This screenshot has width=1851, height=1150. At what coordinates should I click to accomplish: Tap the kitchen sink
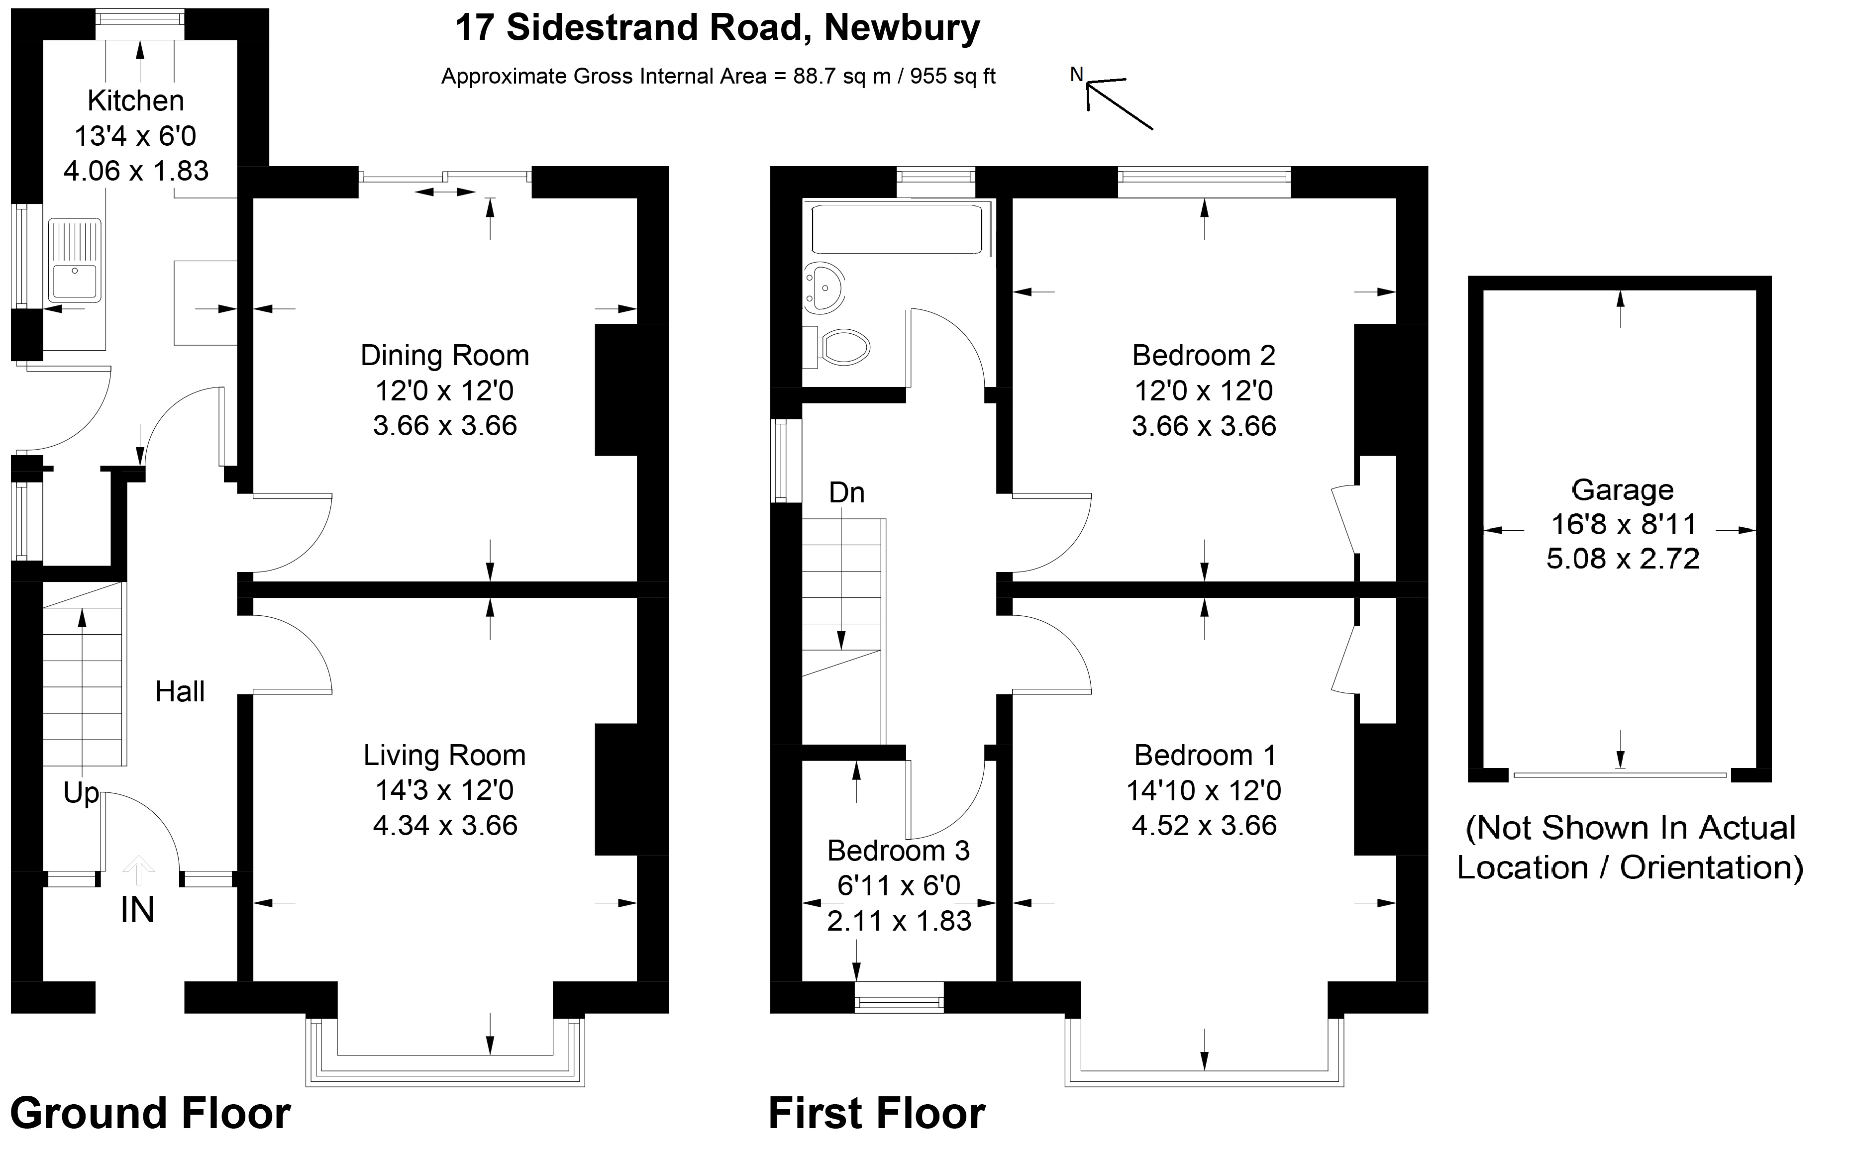point(74,260)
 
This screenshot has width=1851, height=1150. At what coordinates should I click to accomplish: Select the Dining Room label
point(444,355)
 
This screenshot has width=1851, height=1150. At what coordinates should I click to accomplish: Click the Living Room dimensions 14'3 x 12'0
point(444,790)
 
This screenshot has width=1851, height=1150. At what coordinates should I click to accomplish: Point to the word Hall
point(180,692)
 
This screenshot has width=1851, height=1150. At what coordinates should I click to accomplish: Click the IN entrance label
point(137,910)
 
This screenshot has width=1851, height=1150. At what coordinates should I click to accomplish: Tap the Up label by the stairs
point(81,793)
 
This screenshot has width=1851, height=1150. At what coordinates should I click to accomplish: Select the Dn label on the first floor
point(846,493)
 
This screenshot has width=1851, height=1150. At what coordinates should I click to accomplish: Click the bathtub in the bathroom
point(898,228)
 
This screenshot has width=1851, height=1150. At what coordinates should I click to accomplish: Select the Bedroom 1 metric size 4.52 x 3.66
point(1204,825)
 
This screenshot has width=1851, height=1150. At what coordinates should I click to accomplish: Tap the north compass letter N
point(1077,75)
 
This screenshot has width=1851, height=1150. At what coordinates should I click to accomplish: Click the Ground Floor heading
point(150,1114)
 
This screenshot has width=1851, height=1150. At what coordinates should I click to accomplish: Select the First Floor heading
point(876,1114)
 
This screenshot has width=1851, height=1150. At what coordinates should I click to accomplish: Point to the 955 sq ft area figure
point(952,77)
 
